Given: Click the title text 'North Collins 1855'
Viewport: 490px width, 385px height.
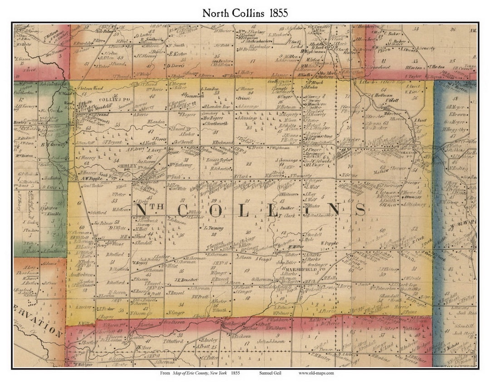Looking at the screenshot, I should tap(245, 13).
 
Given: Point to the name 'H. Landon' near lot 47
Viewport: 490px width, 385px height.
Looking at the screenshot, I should tap(155, 122).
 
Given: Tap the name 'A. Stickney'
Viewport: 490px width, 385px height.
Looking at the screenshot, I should tap(412, 205).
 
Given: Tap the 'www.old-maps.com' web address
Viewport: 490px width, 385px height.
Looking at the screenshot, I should tap(316, 373).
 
